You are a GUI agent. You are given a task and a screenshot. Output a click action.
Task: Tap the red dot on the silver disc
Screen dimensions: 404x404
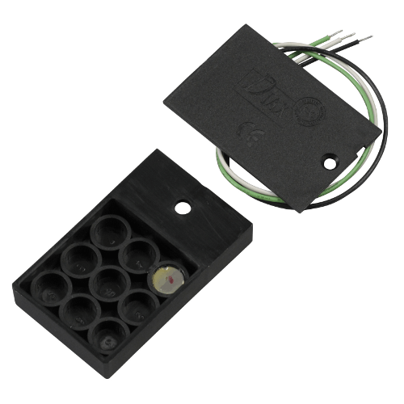168,280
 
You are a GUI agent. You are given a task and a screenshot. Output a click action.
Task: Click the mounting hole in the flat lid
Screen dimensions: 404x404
330,162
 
